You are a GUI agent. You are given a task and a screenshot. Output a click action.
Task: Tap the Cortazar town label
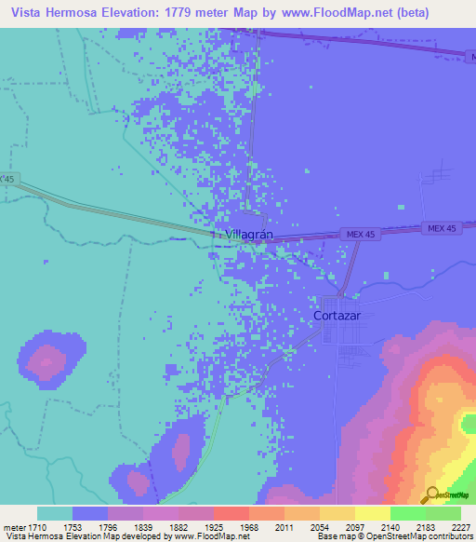343,314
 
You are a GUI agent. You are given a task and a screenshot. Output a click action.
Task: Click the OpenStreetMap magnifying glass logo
430,495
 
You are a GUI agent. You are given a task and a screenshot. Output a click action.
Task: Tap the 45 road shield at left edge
8,178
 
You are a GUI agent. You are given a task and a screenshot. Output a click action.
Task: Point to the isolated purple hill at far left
45,359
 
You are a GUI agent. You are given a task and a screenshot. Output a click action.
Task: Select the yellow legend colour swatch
371,513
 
